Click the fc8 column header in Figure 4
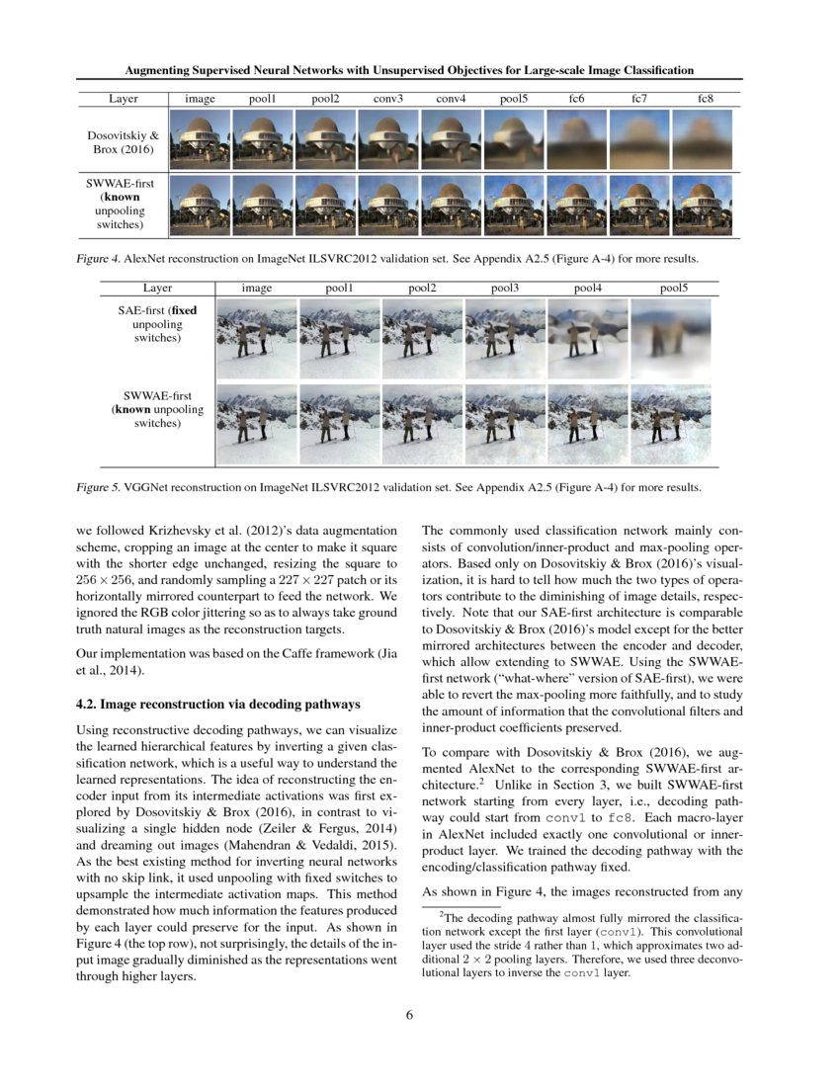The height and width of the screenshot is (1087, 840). [705, 99]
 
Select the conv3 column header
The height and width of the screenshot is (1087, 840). [387, 99]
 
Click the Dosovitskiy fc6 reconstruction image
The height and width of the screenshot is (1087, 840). [576, 139]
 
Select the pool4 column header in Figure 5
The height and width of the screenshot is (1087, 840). [591, 288]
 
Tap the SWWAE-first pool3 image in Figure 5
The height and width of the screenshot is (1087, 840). [506, 424]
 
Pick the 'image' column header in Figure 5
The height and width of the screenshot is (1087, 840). [257, 288]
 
